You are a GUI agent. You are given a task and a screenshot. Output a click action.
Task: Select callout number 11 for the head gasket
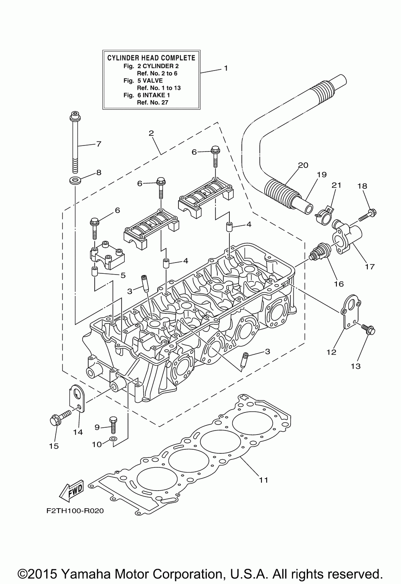click(x=263, y=480)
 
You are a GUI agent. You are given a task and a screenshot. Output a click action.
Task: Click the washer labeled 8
click(x=75, y=180)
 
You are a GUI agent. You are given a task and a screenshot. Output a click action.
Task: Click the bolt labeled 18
click(x=368, y=215)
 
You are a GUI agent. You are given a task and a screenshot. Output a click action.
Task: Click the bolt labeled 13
click(x=368, y=329)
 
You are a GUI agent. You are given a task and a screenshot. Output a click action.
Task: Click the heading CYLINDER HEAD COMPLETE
click(x=151, y=58)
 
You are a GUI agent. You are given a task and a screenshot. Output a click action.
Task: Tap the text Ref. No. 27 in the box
click(x=153, y=102)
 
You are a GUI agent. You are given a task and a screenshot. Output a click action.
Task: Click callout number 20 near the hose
click(x=303, y=165)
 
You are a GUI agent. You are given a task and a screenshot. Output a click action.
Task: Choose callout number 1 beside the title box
click(x=226, y=68)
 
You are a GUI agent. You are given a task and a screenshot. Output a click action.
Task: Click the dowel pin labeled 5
click(x=95, y=271)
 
